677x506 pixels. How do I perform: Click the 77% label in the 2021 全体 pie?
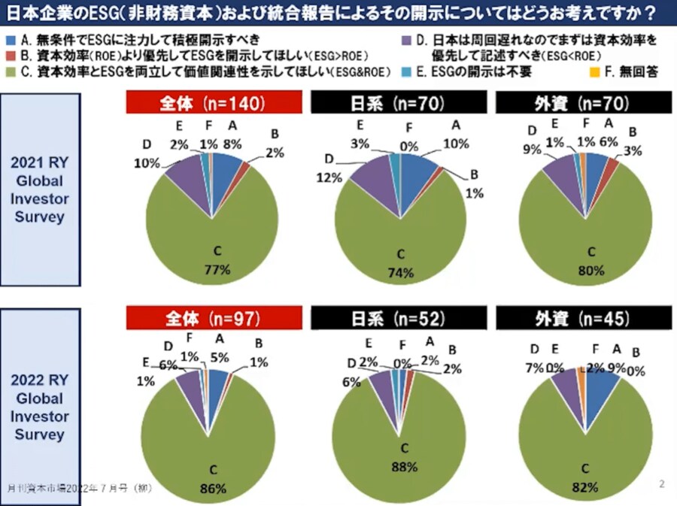(216, 270)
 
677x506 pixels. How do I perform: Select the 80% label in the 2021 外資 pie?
(590, 270)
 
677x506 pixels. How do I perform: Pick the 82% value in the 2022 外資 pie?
(584, 487)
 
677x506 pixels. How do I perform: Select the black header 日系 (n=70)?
(398, 104)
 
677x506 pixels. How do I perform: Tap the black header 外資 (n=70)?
(581, 104)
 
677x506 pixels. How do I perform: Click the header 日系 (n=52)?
(398, 319)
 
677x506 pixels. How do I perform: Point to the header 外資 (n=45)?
(581, 319)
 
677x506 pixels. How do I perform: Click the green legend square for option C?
(10, 72)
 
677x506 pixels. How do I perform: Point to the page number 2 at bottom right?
(661, 483)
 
